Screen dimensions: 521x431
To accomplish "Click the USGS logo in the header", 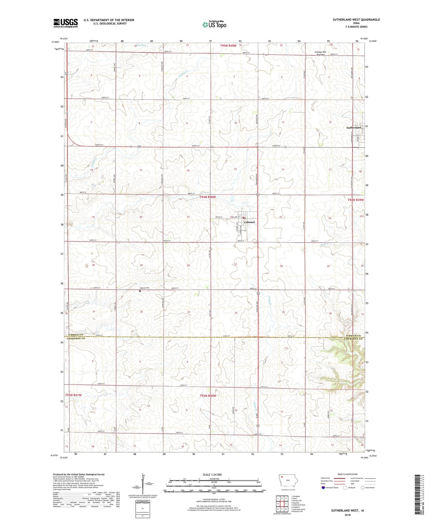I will point(66,23).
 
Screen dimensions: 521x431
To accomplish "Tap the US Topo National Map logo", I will point(214,24).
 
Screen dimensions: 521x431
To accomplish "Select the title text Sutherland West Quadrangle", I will point(356,20).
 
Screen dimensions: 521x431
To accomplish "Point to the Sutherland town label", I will point(354,127).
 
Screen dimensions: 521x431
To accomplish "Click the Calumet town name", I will point(250,222).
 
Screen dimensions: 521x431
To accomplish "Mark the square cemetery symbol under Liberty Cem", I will point(140,291).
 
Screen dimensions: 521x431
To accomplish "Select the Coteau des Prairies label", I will point(320,53).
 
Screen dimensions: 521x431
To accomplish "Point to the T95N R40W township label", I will point(228,45).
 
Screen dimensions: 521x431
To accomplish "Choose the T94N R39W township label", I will point(356,200).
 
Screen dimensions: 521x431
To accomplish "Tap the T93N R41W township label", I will point(73,395).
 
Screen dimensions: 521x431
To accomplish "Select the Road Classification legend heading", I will point(347,474).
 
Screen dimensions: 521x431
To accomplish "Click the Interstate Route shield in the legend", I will point(323,488).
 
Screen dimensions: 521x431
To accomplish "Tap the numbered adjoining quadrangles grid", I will point(282,504).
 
